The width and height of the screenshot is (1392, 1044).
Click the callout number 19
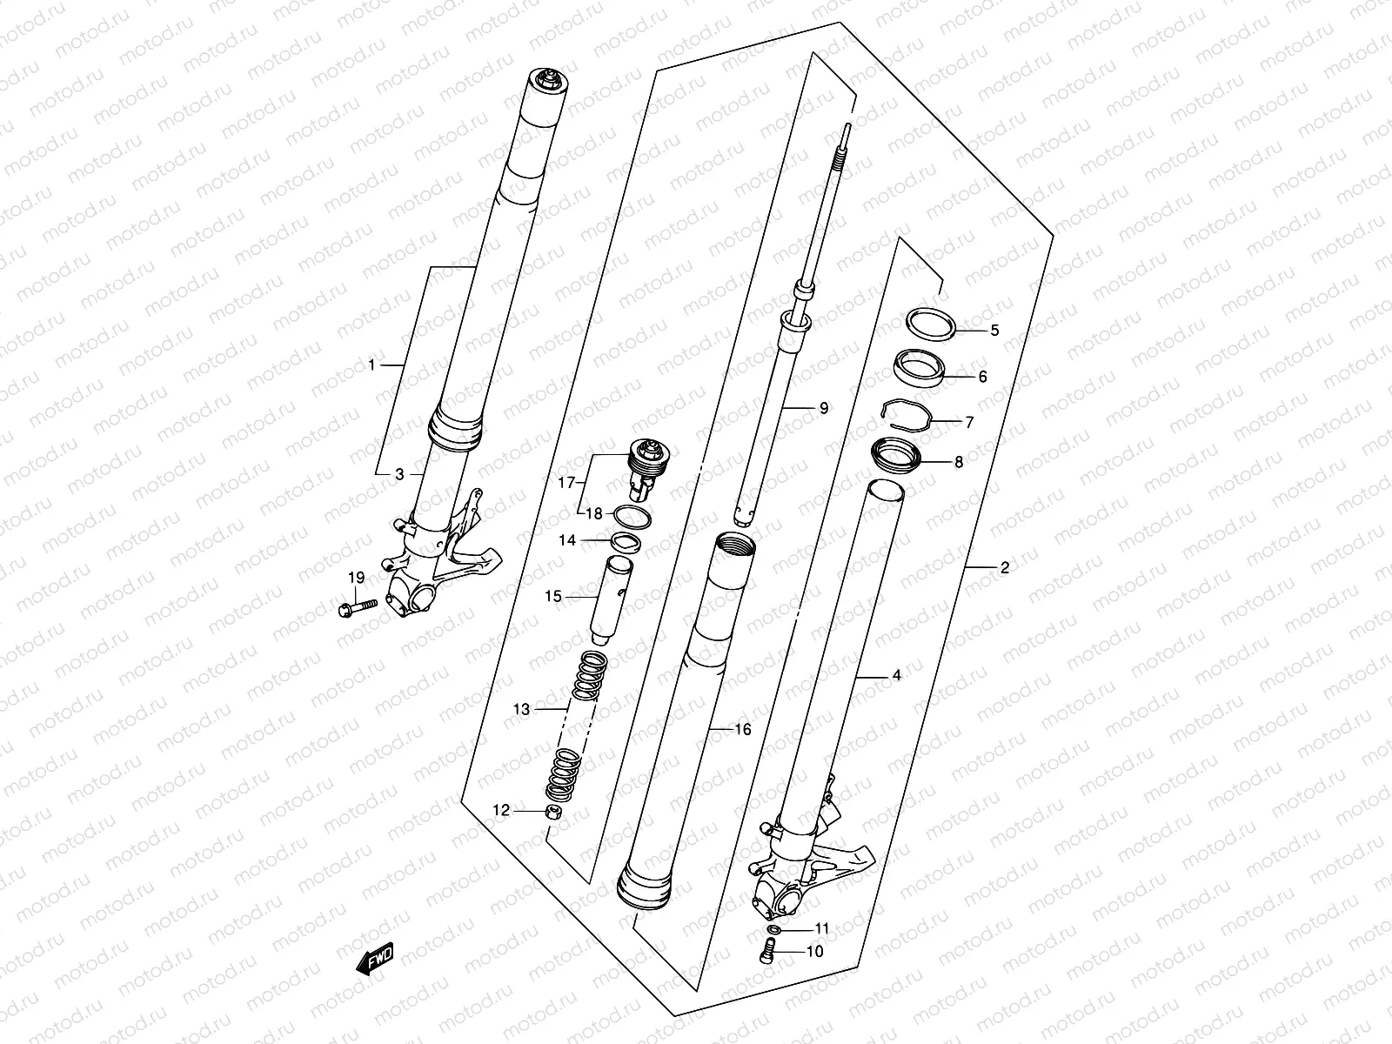pos(356,578)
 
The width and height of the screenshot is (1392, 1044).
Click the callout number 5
pos(970,331)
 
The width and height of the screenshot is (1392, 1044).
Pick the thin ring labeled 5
pos(932,323)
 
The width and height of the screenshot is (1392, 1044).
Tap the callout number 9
pos(823,407)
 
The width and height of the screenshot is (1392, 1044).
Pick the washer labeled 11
pos(774,930)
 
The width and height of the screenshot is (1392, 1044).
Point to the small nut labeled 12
pos(551,812)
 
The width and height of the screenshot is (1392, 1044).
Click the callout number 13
pos(520,710)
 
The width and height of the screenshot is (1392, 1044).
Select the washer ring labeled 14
pos(625,543)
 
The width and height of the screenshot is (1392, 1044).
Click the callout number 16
pos(742,730)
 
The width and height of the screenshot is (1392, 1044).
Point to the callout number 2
pos(1004,568)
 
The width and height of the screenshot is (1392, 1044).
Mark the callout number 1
pos(372,365)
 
